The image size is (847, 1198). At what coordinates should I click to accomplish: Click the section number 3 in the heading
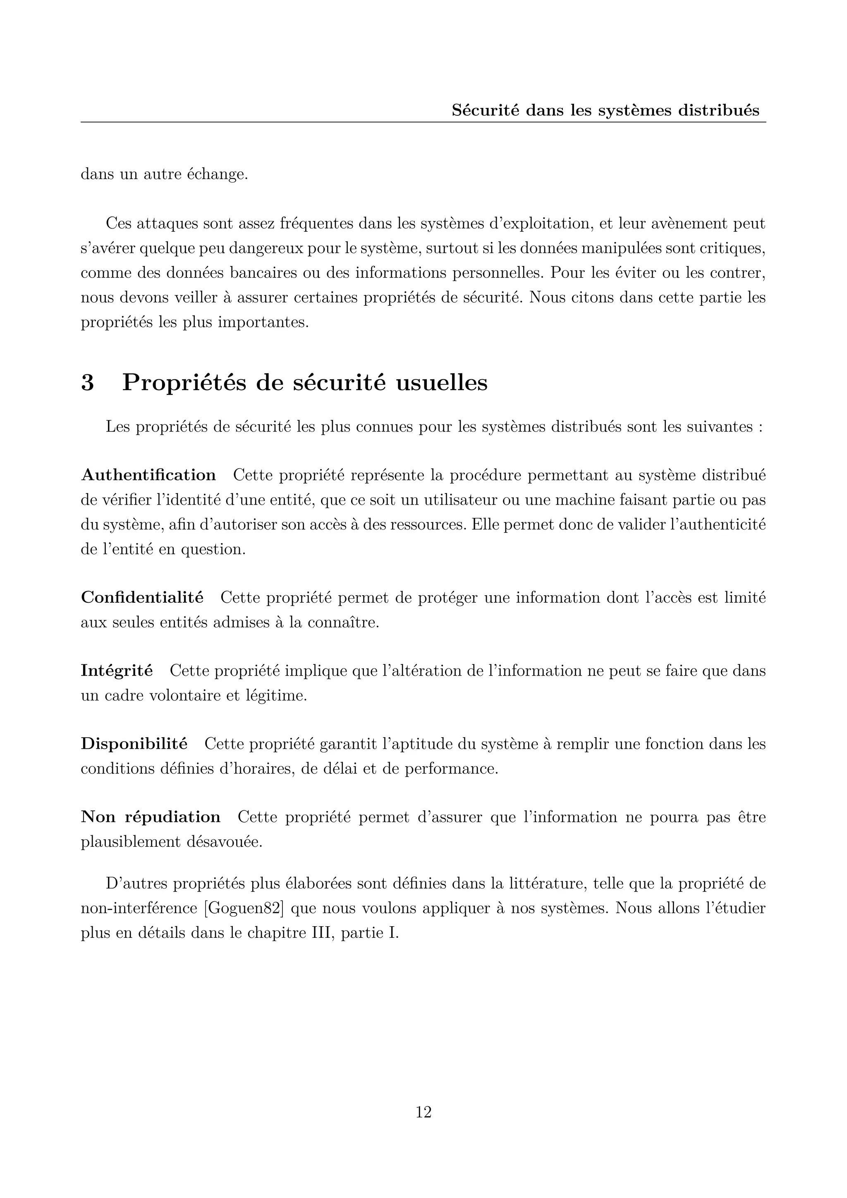[88, 383]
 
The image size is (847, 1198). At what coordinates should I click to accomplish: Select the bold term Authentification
[148, 475]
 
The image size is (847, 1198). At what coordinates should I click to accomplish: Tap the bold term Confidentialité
[142, 597]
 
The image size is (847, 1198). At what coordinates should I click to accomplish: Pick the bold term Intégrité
[117, 671]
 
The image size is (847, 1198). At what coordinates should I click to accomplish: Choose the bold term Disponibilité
[134, 743]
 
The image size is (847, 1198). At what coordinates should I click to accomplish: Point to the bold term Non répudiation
[151, 817]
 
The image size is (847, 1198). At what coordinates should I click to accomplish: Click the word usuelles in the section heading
[442, 383]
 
